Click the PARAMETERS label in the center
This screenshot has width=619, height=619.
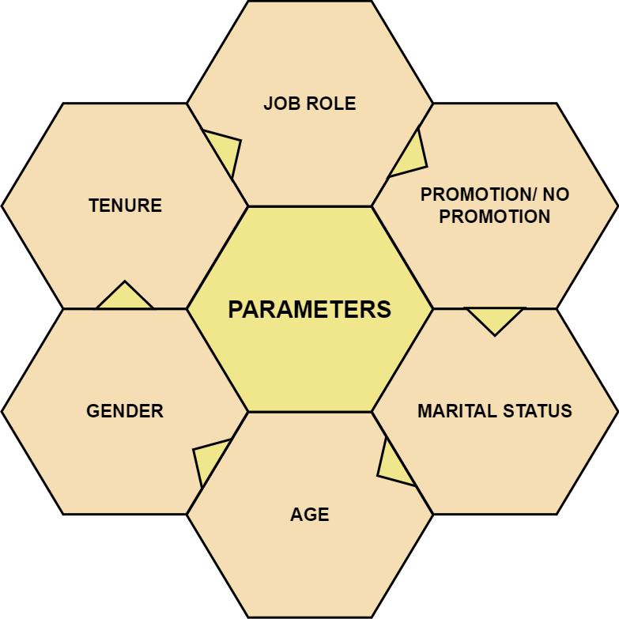click(x=309, y=309)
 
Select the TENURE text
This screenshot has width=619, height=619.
click(x=125, y=206)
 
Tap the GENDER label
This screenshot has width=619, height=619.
click(x=125, y=411)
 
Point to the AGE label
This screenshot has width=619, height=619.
click(x=309, y=515)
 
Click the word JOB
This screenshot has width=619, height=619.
click(x=281, y=104)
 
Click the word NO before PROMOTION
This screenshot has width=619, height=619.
click(x=556, y=194)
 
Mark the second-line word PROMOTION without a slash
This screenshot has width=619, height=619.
click(x=495, y=216)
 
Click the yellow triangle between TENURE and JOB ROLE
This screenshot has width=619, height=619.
click(x=226, y=151)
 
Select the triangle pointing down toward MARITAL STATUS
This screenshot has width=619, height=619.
click(x=495, y=319)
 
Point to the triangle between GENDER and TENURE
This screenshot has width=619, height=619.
click(x=125, y=297)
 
